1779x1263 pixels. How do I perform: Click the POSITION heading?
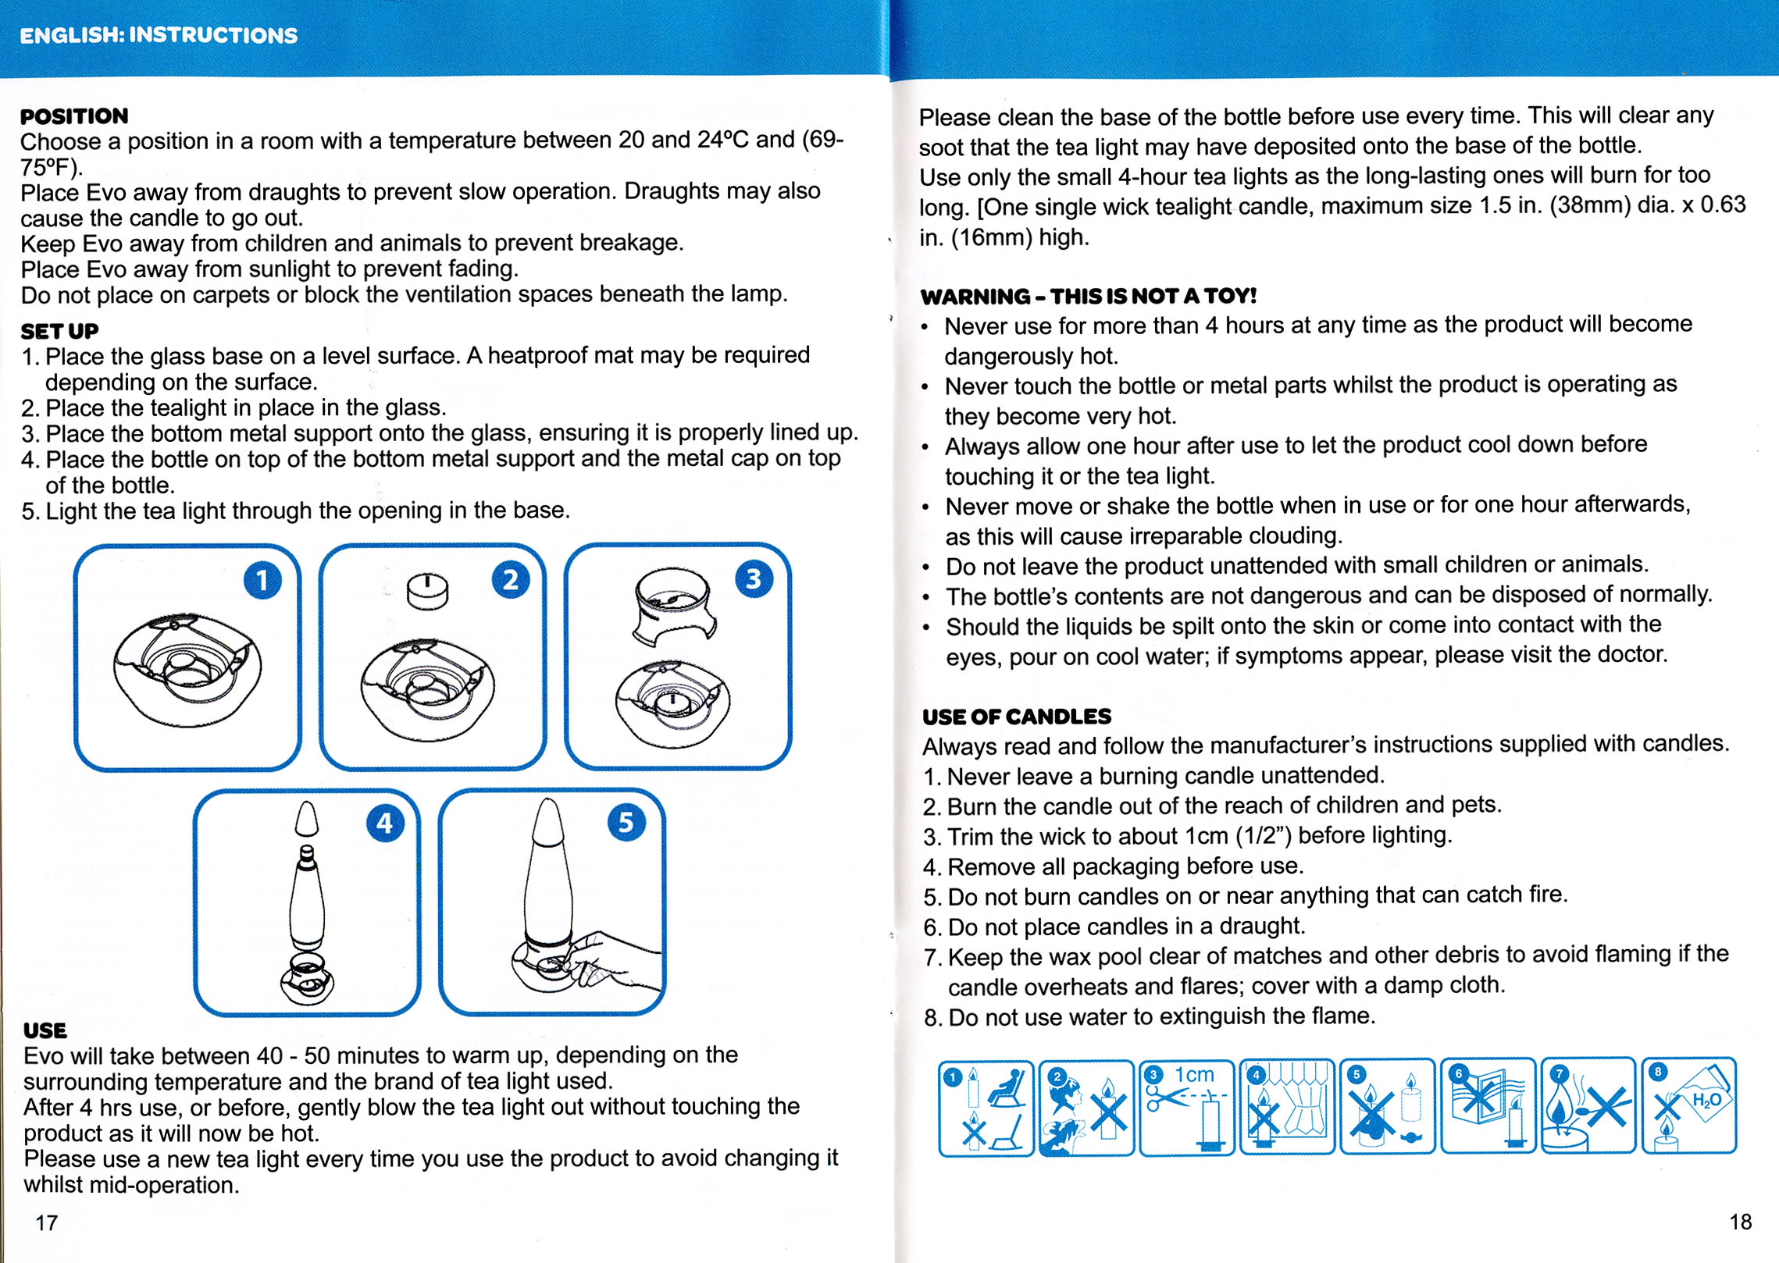pos(74,116)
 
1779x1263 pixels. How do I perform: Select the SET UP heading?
pos(59,331)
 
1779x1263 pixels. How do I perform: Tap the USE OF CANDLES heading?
pos(1016,717)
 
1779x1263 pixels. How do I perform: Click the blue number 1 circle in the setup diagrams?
pos(262,581)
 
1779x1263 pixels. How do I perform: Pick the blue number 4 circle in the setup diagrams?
pos(385,824)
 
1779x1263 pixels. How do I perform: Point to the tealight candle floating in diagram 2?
pos(428,591)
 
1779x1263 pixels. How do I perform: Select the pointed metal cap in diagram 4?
pos(307,819)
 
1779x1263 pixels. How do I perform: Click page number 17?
pos(47,1222)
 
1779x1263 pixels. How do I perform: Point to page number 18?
pos(1740,1222)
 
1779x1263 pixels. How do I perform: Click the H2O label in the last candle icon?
pos(1706,1100)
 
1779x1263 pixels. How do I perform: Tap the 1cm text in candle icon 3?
pos(1194,1075)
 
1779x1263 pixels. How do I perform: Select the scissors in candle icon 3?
pos(1163,1099)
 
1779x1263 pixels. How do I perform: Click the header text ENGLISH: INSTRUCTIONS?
pos(159,35)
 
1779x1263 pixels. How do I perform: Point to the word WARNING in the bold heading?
pos(975,297)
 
